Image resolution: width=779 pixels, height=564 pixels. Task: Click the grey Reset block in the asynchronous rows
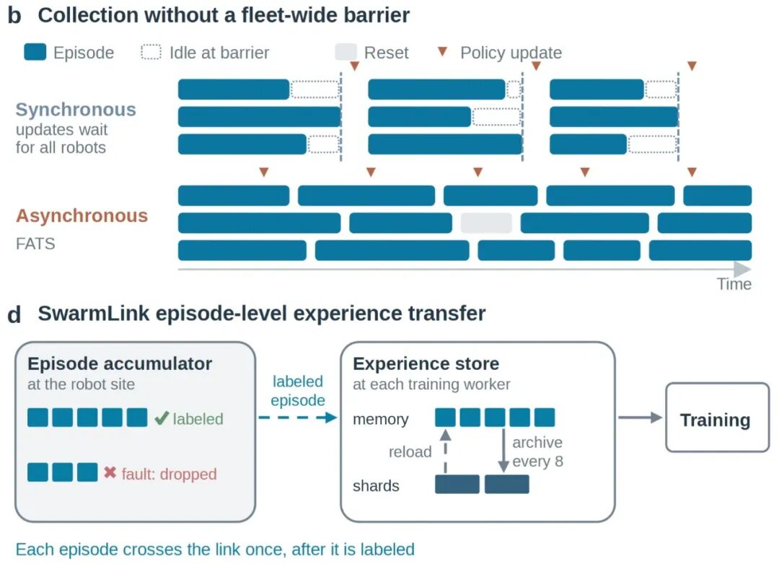[x=486, y=223]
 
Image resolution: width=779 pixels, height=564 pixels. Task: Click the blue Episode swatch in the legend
[x=35, y=52]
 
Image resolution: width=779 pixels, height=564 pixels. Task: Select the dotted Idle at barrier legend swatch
[x=151, y=52]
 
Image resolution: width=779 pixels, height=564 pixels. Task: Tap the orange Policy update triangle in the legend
[x=442, y=51]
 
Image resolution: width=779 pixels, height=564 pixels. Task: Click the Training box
[x=717, y=417]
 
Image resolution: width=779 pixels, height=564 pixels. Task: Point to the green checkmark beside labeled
[x=162, y=418]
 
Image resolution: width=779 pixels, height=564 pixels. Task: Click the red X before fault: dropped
[x=110, y=472]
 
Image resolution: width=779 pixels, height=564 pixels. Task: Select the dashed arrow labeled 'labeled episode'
[x=298, y=418]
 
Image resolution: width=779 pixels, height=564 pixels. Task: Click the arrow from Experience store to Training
[x=640, y=418]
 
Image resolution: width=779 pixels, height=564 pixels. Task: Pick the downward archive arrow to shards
[x=503, y=450]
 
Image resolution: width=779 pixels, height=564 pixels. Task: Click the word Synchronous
[x=76, y=110]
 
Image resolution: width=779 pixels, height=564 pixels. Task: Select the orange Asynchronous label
[x=82, y=216]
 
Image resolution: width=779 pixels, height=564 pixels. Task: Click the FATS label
[x=35, y=244]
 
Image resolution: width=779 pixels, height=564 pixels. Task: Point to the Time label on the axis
[x=734, y=283]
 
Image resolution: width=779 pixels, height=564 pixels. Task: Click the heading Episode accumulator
[x=120, y=363]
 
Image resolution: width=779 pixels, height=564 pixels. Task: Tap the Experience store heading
[x=426, y=363]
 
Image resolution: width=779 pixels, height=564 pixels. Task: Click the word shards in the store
[x=376, y=485]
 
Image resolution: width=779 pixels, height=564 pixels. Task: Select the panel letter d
[x=14, y=314]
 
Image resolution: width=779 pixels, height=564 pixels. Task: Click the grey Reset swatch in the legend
[x=346, y=52]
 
